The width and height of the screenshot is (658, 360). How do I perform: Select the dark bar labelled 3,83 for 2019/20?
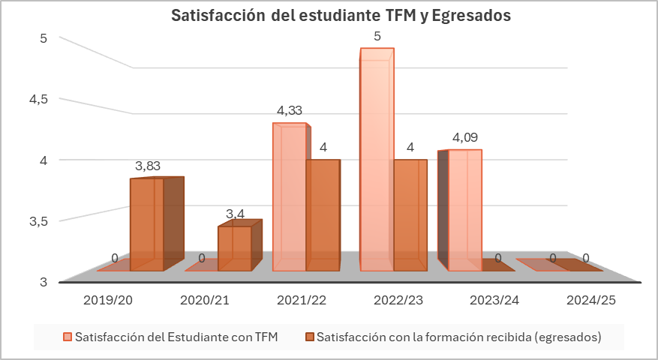(147, 225)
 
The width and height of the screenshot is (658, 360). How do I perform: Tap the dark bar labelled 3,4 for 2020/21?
(235, 248)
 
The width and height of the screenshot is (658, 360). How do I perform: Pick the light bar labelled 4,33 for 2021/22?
(290, 199)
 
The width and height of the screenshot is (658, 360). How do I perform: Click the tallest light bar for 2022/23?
(377, 161)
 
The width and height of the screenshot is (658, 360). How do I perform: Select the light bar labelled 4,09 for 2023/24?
(464, 210)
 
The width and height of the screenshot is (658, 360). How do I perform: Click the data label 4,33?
(290, 111)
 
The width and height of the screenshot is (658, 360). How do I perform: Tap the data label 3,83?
(147, 166)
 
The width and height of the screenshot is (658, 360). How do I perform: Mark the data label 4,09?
(465, 137)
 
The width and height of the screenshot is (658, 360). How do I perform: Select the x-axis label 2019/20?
(108, 300)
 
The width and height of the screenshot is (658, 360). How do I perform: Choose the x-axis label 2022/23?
(398, 300)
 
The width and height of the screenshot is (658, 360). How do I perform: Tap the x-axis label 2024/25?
(591, 300)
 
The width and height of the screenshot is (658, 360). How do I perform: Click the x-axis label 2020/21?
(205, 300)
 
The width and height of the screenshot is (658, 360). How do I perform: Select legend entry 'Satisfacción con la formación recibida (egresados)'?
(458, 337)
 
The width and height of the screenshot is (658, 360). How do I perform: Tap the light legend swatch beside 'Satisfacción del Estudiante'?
(68, 337)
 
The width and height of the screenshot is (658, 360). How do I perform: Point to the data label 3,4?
(235, 214)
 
